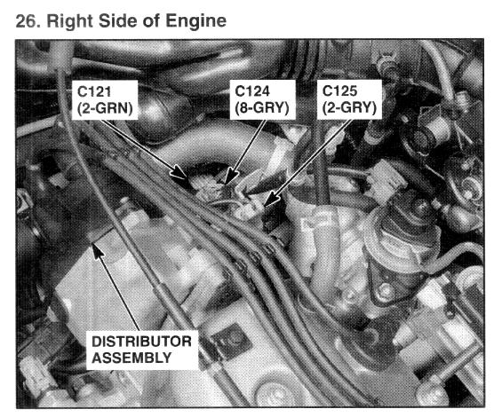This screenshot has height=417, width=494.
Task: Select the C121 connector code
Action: point(94,92)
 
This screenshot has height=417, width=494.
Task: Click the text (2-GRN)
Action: point(105,108)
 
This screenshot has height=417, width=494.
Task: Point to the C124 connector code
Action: point(252,91)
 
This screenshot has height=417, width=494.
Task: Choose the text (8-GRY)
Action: point(262,107)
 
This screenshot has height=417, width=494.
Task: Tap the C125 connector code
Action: point(339,91)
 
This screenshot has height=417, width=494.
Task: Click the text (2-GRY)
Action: point(349,107)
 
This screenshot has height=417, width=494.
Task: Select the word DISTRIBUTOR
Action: point(142,342)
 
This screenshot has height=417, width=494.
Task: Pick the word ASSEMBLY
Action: point(131,358)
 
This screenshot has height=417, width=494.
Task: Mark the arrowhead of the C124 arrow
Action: point(231,177)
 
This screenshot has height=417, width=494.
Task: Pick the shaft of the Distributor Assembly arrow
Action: point(119,294)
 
